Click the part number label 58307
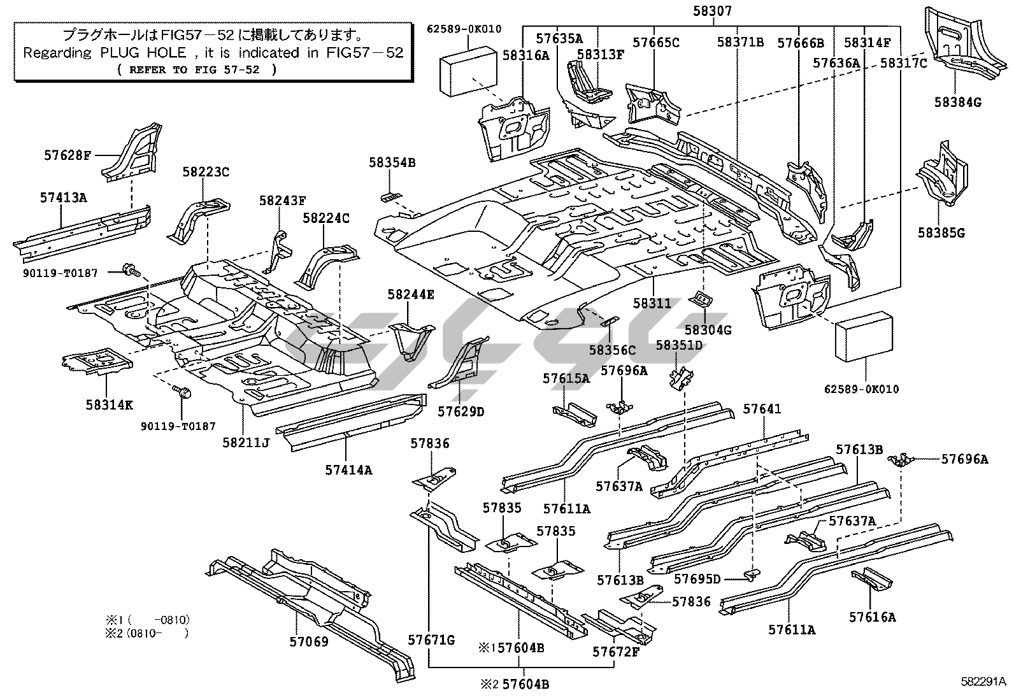pyautogui.click(x=711, y=11)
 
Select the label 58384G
pyautogui.click(x=957, y=101)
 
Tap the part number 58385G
pyautogui.click(x=941, y=232)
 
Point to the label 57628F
pyautogui.click(x=68, y=154)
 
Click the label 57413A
pyautogui.click(x=64, y=197)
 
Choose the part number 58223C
pyautogui.click(x=205, y=171)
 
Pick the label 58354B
pyautogui.click(x=392, y=163)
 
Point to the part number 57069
pyautogui.click(x=309, y=641)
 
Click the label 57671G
pyautogui.click(x=431, y=640)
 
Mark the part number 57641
pyautogui.click(x=762, y=409)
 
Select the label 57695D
pyautogui.click(x=697, y=578)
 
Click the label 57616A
pyautogui.click(x=872, y=617)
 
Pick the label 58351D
pyautogui.click(x=678, y=345)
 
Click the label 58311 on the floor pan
pyautogui.click(x=652, y=304)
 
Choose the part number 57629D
pyautogui.click(x=461, y=411)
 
